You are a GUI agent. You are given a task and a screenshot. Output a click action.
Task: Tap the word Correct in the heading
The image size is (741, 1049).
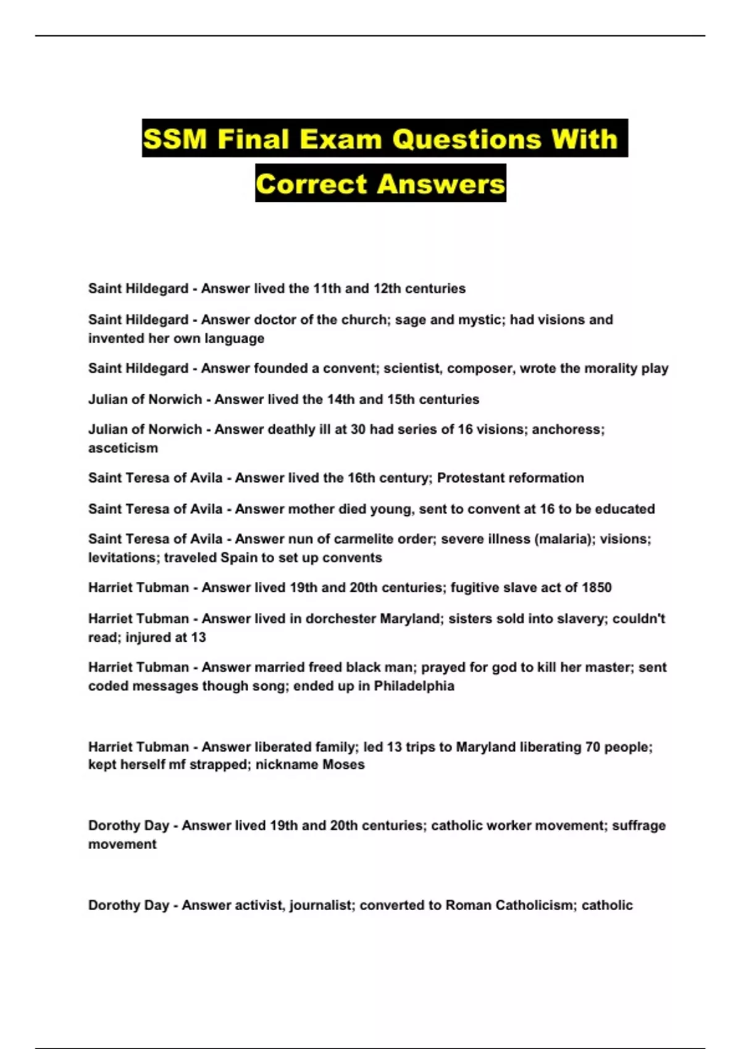tap(311, 184)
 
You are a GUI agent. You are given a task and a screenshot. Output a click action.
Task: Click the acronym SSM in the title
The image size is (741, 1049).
tap(175, 139)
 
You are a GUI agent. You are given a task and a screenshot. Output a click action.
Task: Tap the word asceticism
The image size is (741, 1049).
tap(123, 448)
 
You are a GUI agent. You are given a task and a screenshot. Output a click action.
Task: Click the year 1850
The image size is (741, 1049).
tap(597, 587)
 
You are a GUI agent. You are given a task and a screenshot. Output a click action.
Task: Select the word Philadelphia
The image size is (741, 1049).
tap(414, 686)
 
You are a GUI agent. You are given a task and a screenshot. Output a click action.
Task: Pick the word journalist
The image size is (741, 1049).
tap(321, 905)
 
